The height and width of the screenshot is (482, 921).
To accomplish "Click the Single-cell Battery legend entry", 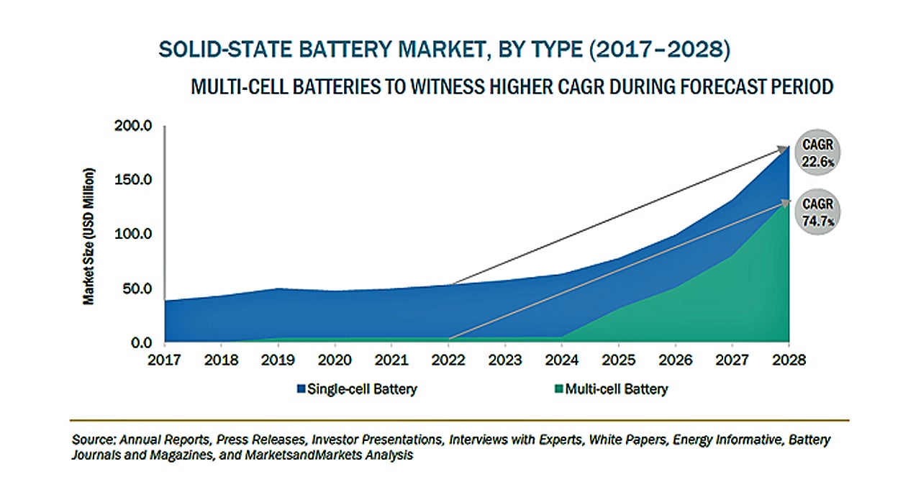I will [357, 389].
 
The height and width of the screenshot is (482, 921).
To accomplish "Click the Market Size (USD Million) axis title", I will [89, 236].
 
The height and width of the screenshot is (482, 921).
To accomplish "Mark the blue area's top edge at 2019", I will [278, 288].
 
